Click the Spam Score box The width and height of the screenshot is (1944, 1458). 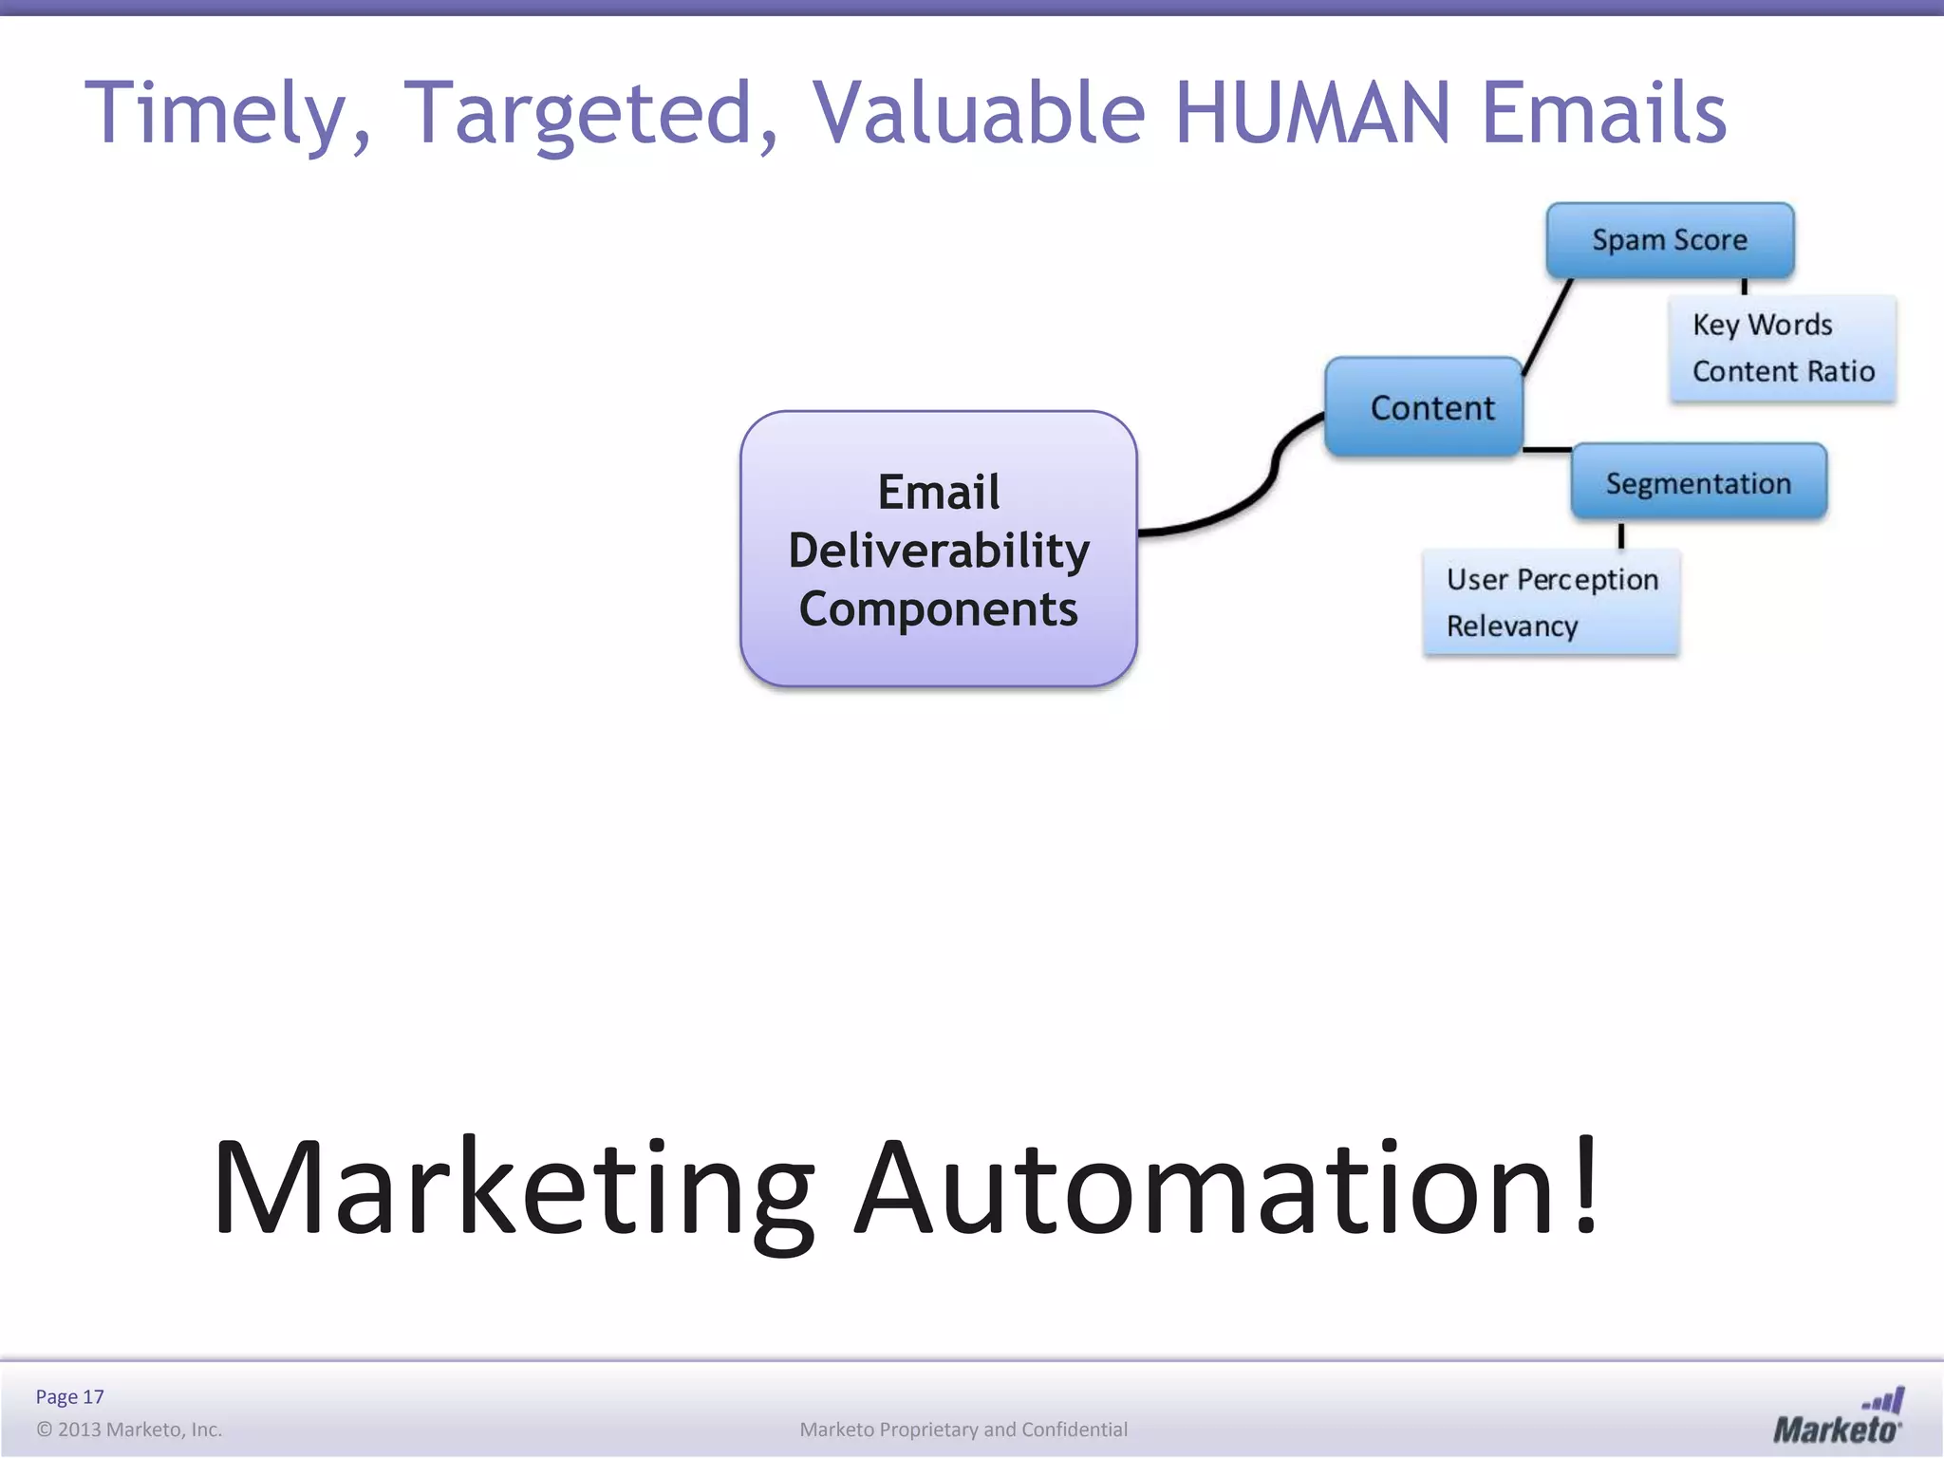click(1670, 240)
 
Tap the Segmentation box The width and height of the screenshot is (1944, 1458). click(1698, 483)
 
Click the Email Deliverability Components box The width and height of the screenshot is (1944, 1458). click(938, 550)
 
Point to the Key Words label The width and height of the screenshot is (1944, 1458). click(1762, 325)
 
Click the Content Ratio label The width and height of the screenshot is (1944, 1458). click(1783, 371)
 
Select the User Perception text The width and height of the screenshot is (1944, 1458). click(1552, 579)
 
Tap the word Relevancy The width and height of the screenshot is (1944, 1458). click(1512, 626)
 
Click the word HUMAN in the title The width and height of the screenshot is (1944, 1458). click(1312, 113)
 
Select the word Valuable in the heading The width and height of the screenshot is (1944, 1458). click(979, 113)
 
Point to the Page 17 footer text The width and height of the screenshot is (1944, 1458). click(69, 1396)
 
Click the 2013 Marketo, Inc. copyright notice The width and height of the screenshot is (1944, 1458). click(129, 1430)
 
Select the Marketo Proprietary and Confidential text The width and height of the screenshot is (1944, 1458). click(963, 1430)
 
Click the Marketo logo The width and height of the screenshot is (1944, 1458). click(1838, 1417)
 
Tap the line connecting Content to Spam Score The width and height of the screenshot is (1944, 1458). click(1547, 327)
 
